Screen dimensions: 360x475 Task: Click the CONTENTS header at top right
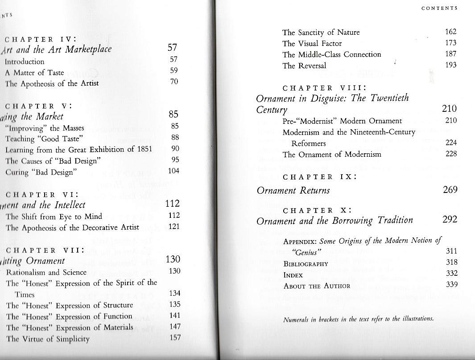pos(439,8)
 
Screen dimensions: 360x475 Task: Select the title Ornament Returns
pos(293,190)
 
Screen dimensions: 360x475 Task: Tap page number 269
pos(450,190)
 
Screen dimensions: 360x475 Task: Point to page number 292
pos(450,220)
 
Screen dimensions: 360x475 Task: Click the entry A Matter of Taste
pos(34,73)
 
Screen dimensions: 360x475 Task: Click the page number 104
pos(173,171)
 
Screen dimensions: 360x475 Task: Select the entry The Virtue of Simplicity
pos(48,339)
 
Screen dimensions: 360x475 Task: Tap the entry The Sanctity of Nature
pos(321,32)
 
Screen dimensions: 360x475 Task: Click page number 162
pos(451,32)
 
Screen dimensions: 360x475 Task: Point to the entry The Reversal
pos(304,65)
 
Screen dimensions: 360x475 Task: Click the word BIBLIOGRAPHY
pos(306,264)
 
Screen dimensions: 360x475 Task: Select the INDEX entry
pos(293,275)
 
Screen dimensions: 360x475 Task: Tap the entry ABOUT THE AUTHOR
pos(317,286)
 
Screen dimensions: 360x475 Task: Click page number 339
pos(451,285)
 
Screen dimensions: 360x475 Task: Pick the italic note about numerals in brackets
pos(359,319)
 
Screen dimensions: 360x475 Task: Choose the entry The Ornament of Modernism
pos(332,155)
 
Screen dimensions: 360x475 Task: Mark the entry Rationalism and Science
pos(46,272)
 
